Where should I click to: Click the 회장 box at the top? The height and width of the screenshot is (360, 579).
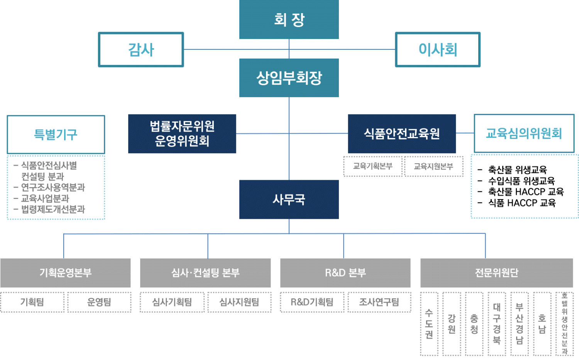click(289, 19)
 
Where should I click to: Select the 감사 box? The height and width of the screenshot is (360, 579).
click(141, 49)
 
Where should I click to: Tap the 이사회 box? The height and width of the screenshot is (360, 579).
click(438, 49)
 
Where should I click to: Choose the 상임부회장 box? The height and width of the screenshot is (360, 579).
click(289, 78)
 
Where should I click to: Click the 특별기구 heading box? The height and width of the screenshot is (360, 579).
click(56, 134)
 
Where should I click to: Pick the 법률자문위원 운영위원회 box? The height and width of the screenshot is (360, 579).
click(182, 134)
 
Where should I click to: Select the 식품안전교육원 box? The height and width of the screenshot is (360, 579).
click(402, 134)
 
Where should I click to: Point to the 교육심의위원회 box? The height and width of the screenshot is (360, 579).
click(524, 134)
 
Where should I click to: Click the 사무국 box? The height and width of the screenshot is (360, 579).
click(289, 199)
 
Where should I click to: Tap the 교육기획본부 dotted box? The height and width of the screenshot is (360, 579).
click(373, 166)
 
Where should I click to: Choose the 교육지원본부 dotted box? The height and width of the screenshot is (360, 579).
click(433, 166)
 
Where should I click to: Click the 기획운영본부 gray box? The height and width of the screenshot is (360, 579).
click(65, 273)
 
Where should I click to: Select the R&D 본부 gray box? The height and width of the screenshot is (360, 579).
click(345, 273)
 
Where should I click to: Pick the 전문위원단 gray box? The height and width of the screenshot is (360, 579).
click(496, 273)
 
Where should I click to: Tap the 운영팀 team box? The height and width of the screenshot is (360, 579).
click(99, 302)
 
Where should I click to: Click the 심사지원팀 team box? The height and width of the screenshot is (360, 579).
click(239, 302)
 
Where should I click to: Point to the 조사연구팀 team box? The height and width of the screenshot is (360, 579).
click(379, 302)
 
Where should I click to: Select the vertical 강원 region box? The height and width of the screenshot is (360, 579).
click(452, 324)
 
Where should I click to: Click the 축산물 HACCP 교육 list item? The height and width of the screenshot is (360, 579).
click(526, 192)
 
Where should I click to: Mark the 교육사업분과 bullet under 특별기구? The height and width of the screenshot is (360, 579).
click(45, 198)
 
